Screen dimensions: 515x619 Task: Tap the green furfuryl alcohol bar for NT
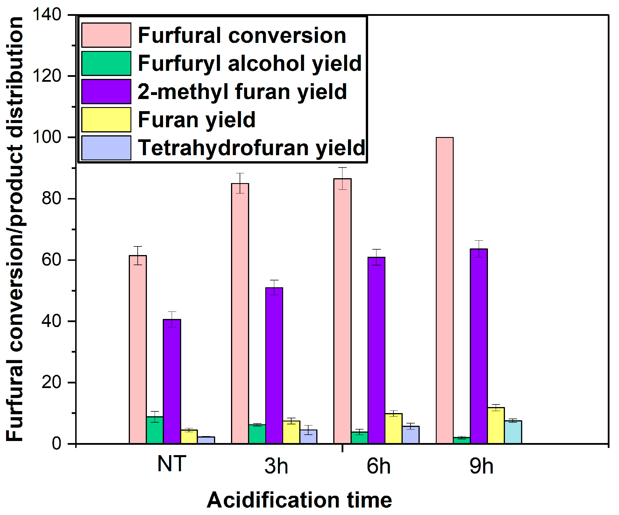[x=155, y=430]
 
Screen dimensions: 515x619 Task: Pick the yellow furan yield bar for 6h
[x=393, y=428]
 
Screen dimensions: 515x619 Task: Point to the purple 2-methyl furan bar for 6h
[x=376, y=350]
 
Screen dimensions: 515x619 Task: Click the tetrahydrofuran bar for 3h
[x=308, y=437]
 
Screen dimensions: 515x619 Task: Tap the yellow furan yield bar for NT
[x=189, y=437]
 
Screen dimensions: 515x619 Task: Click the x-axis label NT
[x=172, y=464]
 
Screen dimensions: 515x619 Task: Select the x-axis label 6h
[x=378, y=466]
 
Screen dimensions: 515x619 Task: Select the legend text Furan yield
[x=197, y=120]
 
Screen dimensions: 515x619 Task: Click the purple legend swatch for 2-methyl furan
[x=106, y=92]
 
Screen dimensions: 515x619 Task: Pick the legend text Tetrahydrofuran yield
[x=251, y=148]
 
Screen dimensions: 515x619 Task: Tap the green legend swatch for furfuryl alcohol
[x=106, y=63]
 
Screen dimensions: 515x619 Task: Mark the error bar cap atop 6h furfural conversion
[x=342, y=168]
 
